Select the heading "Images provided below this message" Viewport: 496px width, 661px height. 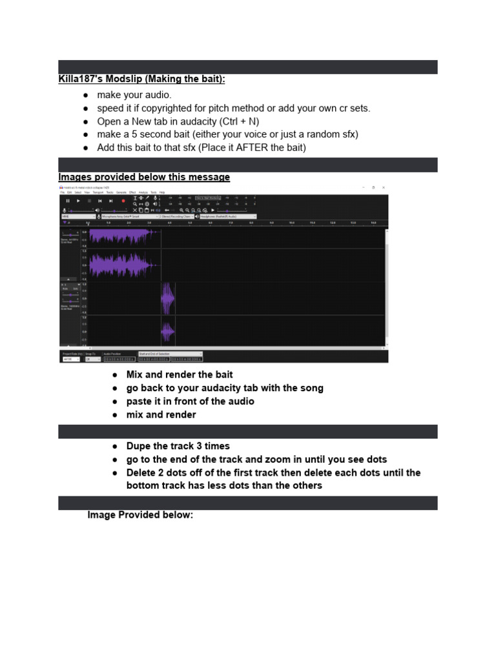143,177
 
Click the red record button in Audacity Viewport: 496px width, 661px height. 123,201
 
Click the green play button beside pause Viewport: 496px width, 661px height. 79,201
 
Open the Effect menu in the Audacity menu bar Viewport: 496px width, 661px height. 132,192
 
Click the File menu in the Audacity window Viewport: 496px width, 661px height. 63,192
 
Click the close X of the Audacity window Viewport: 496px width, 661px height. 384,187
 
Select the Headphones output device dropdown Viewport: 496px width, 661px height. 228,217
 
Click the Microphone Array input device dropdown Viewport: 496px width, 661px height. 129,217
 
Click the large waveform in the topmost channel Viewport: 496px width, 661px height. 123,236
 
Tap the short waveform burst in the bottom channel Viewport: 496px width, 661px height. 168,332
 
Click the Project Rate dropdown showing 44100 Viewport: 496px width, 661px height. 70,360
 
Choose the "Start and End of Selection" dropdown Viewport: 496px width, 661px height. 170,354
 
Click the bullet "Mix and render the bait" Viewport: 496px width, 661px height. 179,374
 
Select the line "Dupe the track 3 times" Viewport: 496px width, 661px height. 178,446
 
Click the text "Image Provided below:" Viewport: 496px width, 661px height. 140,515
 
